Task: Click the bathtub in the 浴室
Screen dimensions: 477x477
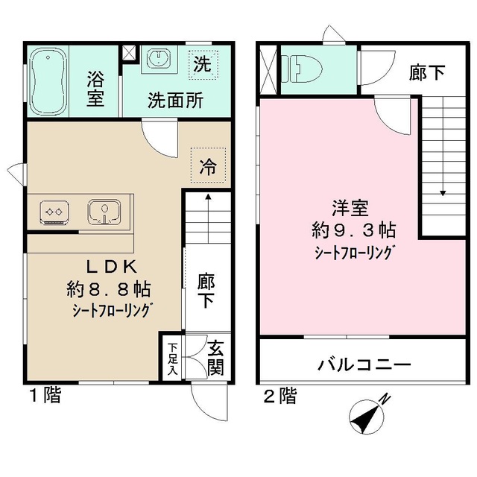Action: pyautogui.click(x=48, y=80)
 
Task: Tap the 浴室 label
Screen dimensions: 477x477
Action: pyautogui.click(x=95, y=88)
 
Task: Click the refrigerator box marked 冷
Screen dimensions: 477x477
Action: pyautogui.click(x=209, y=166)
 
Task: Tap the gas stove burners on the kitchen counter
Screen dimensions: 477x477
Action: pyautogui.click(x=54, y=212)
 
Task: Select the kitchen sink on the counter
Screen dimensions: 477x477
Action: pyautogui.click(x=104, y=212)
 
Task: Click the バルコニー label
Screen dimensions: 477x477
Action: pyautogui.click(x=364, y=365)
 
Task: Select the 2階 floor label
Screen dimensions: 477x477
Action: pyautogui.click(x=280, y=396)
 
